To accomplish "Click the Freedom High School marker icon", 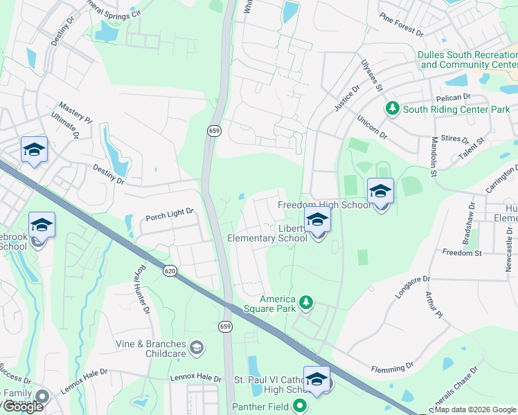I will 380,191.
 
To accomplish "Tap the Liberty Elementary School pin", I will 317,220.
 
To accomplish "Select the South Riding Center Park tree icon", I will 393,109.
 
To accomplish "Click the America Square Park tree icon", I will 306,302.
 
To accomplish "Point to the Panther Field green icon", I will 299,406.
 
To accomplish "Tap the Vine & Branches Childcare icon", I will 197,347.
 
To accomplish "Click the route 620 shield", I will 170,270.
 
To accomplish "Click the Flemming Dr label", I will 392,366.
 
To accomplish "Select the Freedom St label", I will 462,253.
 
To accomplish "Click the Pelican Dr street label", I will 454,98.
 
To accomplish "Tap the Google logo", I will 23,406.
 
